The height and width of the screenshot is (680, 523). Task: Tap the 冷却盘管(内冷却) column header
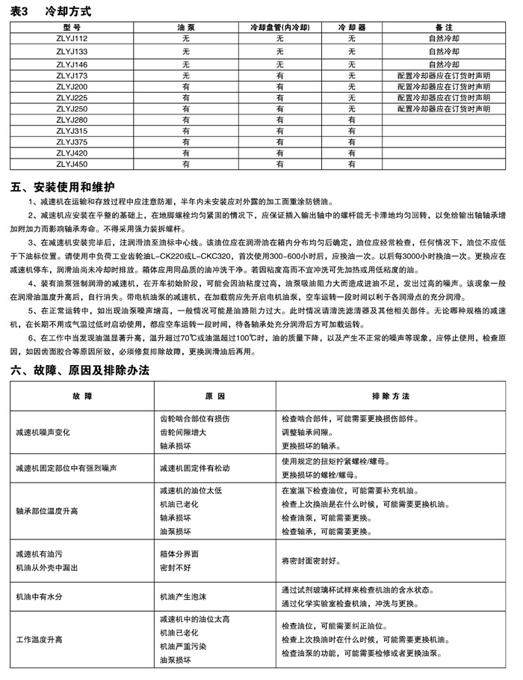pos(279,27)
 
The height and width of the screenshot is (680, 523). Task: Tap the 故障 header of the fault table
pos(82,394)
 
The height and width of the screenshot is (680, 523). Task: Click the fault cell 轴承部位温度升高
pos(49,511)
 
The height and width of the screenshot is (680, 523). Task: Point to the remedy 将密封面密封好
pos(313,560)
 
